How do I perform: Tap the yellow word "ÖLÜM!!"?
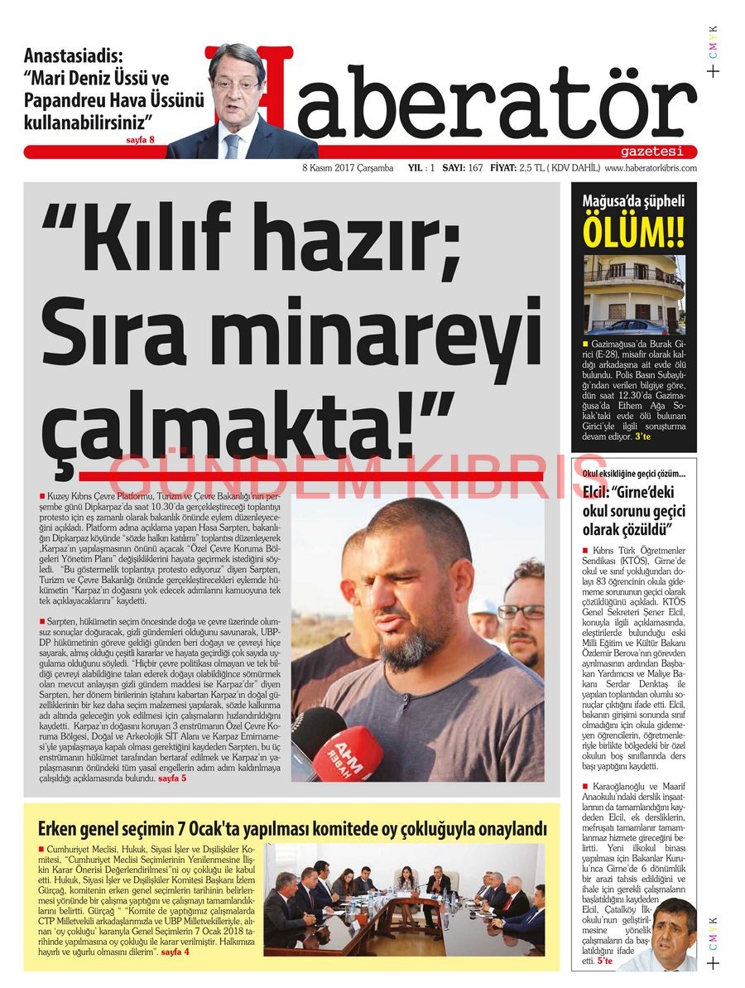[633, 231]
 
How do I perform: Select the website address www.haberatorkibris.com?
[651, 168]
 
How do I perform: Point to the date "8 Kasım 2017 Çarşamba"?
[348, 168]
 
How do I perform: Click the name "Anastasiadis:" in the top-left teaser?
[73, 57]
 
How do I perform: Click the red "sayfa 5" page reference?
[171, 779]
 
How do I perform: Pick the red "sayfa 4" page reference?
[175, 953]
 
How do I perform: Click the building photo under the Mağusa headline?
[634, 295]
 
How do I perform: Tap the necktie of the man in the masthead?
[233, 145]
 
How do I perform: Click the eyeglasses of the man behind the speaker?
[521, 612]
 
